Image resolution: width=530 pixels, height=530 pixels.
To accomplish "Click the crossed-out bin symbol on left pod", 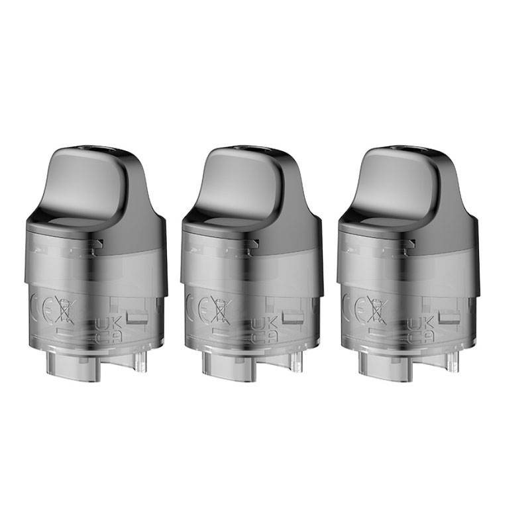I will coord(68,309).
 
